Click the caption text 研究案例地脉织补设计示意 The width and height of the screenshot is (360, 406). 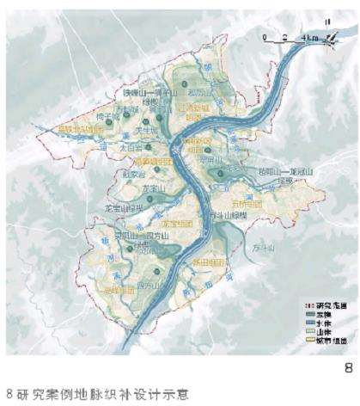tap(86, 396)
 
